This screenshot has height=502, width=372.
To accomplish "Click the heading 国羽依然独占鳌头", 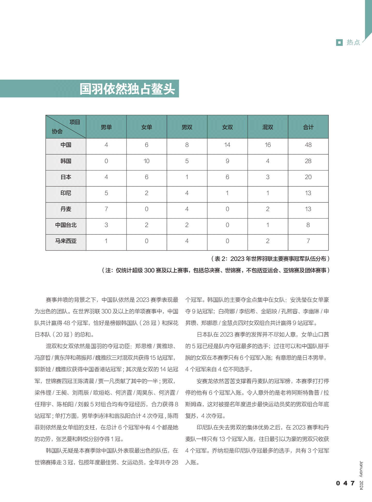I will (127, 89).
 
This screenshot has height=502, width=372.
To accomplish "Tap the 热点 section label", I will (353, 42).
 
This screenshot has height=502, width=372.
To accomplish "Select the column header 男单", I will (106, 127).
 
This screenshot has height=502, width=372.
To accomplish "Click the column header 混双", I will (268, 127).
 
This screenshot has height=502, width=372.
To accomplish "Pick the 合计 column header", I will (308, 127).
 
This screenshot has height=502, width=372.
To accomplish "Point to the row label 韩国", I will (66, 161).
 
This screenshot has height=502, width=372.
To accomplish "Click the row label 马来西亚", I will (66, 241).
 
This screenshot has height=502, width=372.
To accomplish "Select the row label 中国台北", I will (66, 225).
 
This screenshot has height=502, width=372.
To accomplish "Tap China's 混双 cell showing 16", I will (268, 145).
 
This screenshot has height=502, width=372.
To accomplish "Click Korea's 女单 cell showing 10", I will (146, 161).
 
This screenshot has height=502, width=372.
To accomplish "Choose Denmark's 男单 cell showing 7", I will (106, 209).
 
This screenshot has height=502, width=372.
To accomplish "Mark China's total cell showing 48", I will (308, 145).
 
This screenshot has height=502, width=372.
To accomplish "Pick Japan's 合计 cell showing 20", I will (308, 177).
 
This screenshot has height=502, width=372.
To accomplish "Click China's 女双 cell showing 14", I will (227, 145).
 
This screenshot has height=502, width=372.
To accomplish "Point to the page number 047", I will (345, 483).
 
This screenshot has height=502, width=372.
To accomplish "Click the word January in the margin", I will (361, 469).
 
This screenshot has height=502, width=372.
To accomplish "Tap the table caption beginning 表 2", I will (270, 259).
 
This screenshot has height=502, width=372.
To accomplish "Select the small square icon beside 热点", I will (339, 42).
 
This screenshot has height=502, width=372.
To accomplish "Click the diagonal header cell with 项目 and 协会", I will (66, 127).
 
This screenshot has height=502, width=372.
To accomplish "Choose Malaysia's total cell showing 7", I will (308, 241).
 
